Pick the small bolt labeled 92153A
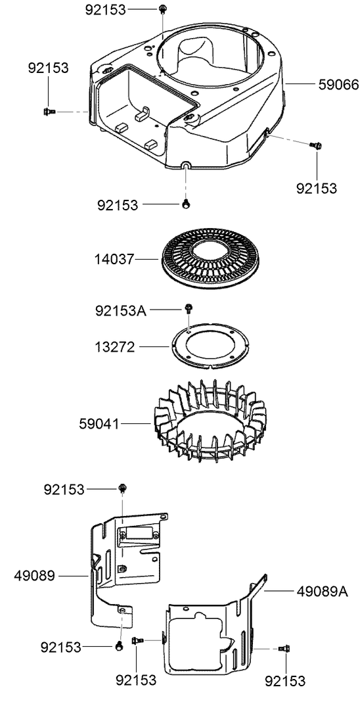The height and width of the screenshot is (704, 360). click(x=189, y=307)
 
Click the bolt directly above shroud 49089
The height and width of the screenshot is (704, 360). click(x=122, y=488)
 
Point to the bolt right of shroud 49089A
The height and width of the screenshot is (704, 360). click(x=282, y=648)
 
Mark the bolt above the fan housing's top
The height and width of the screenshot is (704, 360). click(x=162, y=9)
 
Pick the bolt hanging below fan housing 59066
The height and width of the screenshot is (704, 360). click(x=187, y=204)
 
